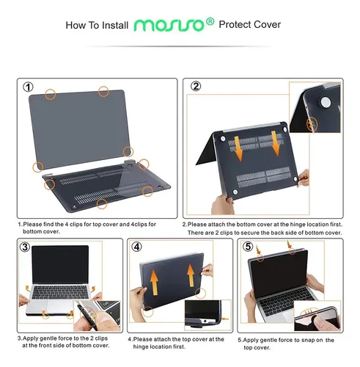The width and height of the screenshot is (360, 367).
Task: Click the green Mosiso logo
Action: coord(169,25)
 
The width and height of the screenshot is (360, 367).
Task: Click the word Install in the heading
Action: coord(115,26)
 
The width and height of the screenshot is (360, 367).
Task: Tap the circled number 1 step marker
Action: coord(28,87)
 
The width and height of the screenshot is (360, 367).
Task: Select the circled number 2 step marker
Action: coord(196,86)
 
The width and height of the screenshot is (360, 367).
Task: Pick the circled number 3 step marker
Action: coord(25,247)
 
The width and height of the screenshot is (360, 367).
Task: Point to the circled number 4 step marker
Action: coord(136,247)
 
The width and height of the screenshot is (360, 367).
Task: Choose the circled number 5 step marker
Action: coord(248,247)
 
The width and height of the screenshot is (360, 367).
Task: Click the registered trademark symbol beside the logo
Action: coord(210,22)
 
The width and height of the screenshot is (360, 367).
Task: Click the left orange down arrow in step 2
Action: coord(238,149)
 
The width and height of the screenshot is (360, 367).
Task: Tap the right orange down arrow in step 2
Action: coord(275,143)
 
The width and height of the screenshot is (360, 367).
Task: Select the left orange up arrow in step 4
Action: coord(154,283)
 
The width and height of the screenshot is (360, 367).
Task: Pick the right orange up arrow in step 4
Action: coord(191,275)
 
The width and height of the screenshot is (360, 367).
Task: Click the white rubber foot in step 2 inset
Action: coord(326,102)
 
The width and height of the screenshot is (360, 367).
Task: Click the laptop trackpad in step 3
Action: coord(59,306)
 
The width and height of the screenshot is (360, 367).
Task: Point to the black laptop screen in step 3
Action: coord(60,265)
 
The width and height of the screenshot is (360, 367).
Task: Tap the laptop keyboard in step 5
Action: coord(286,302)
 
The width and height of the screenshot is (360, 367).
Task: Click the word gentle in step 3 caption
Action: coord(48,338)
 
